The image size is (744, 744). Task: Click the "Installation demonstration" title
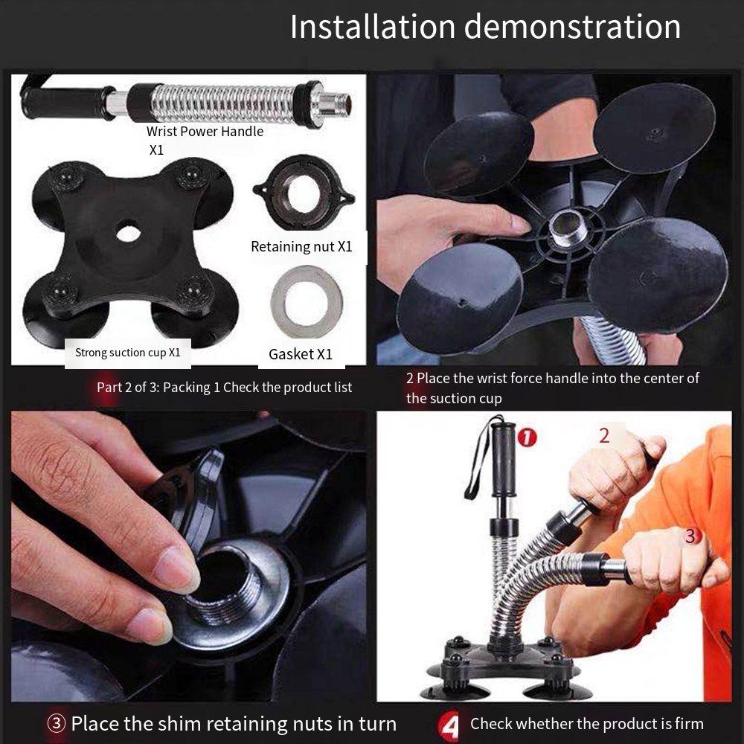point(485,27)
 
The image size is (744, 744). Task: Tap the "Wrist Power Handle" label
point(205,132)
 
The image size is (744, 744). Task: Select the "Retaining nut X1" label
point(301,246)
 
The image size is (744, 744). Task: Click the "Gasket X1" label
point(301,354)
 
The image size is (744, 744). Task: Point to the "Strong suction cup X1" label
point(127,353)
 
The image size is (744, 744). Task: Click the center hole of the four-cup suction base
point(127,232)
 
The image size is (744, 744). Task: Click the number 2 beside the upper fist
point(604,435)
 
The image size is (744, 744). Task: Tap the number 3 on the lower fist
point(690,536)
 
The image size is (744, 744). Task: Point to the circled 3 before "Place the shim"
point(56,724)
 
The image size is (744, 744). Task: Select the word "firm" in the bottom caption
point(684,724)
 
